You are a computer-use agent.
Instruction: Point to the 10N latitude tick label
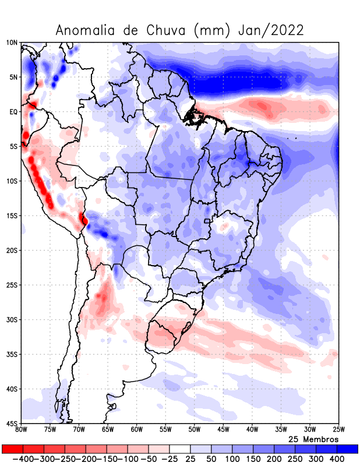[12, 43]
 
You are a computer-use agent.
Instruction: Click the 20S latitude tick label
[12, 250]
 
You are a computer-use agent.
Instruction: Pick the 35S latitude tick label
[12, 354]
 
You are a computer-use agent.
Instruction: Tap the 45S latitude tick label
[12, 423]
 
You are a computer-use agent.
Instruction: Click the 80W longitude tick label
[22, 430]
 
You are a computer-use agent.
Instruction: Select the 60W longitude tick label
[137, 430]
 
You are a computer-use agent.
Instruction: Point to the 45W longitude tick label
[223, 430]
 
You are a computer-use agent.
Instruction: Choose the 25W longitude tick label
[338, 430]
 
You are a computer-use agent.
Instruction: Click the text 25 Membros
[313, 439]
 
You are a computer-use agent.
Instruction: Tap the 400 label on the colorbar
[337, 459]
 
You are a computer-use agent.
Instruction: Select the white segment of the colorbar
[180, 449]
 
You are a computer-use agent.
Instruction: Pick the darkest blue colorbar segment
[348, 449]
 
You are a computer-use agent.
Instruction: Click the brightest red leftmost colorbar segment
[12, 449]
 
